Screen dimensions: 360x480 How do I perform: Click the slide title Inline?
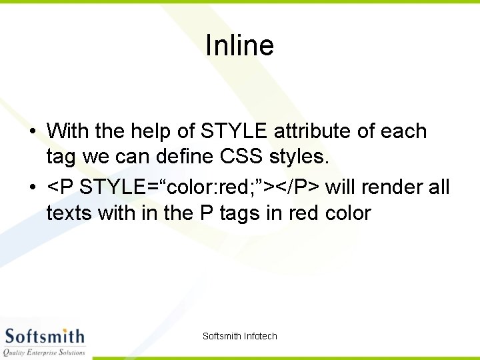point(239,45)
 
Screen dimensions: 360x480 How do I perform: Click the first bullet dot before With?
point(33,131)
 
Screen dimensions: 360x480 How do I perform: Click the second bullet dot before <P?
point(33,187)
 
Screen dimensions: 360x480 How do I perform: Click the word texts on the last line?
point(69,213)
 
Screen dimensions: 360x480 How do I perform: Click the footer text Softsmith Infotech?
point(239,336)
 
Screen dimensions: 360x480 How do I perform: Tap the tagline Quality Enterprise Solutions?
point(44,351)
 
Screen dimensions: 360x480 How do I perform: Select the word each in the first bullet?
point(403,131)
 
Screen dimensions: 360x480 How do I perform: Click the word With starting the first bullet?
point(69,131)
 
